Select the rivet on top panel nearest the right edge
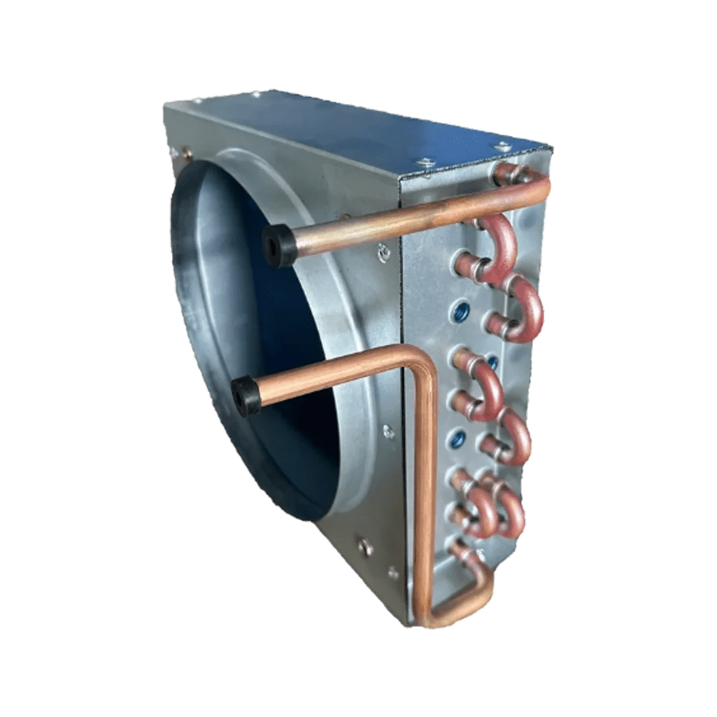click(502, 147)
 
